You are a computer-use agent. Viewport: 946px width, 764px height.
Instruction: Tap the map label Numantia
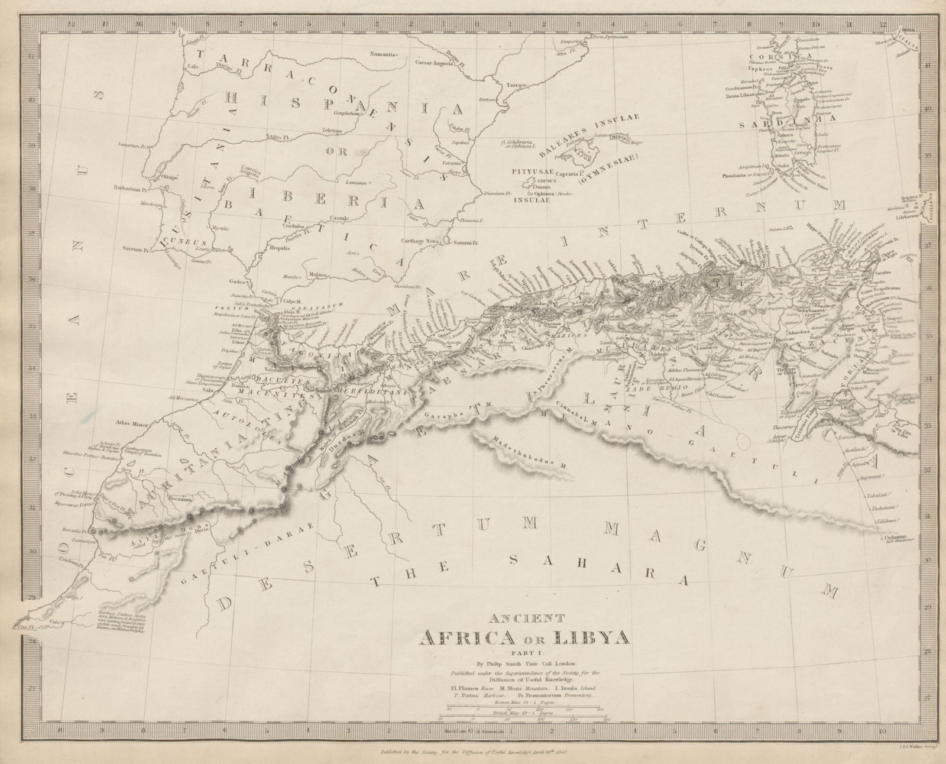(382, 54)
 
